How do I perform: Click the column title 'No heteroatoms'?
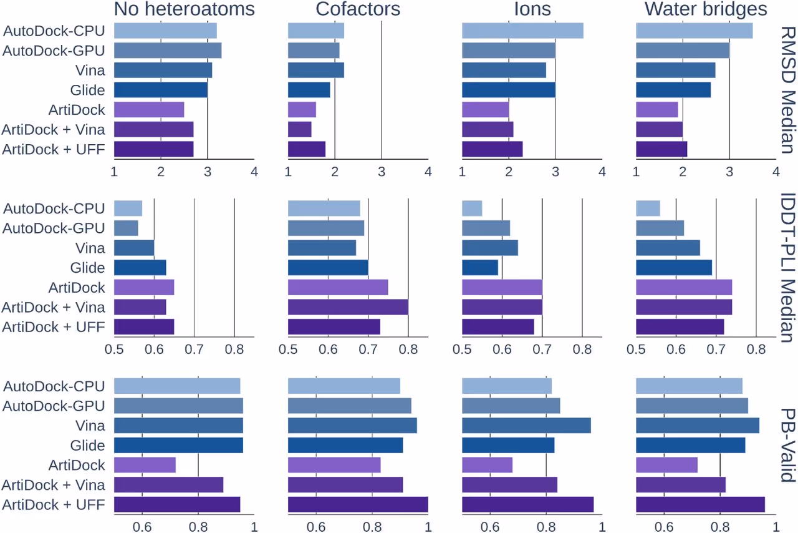pyautogui.click(x=184, y=9)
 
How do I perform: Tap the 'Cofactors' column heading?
pyautogui.click(x=358, y=9)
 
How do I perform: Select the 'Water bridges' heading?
pyautogui.click(x=706, y=9)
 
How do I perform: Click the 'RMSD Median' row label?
pyautogui.click(x=786, y=90)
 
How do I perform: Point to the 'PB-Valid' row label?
pyautogui.click(x=786, y=445)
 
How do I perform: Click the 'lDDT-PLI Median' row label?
pyautogui.click(x=786, y=267)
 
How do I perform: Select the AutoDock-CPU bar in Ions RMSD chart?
pyautogui.click(x=522, y=31)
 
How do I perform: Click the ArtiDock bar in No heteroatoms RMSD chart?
pyautogui.click(x=149, y=110)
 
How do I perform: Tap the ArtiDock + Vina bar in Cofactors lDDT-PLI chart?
pyautogui.click(x=348, y=307)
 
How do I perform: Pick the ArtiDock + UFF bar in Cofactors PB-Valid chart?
pyautogui.click(x=358, y=504)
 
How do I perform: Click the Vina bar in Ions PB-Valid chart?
pyautogui.click(x=526, y=426)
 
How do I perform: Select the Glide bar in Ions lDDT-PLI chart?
pyautogui.click(x=480, y=268)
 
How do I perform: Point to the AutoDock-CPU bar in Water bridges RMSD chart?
pyautogui.click(x=694, y=31)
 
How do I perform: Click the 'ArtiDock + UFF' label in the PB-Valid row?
pyautogui.click(x=53, y=504)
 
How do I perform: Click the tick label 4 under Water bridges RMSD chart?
pyautogui.click(x=776, y=171)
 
